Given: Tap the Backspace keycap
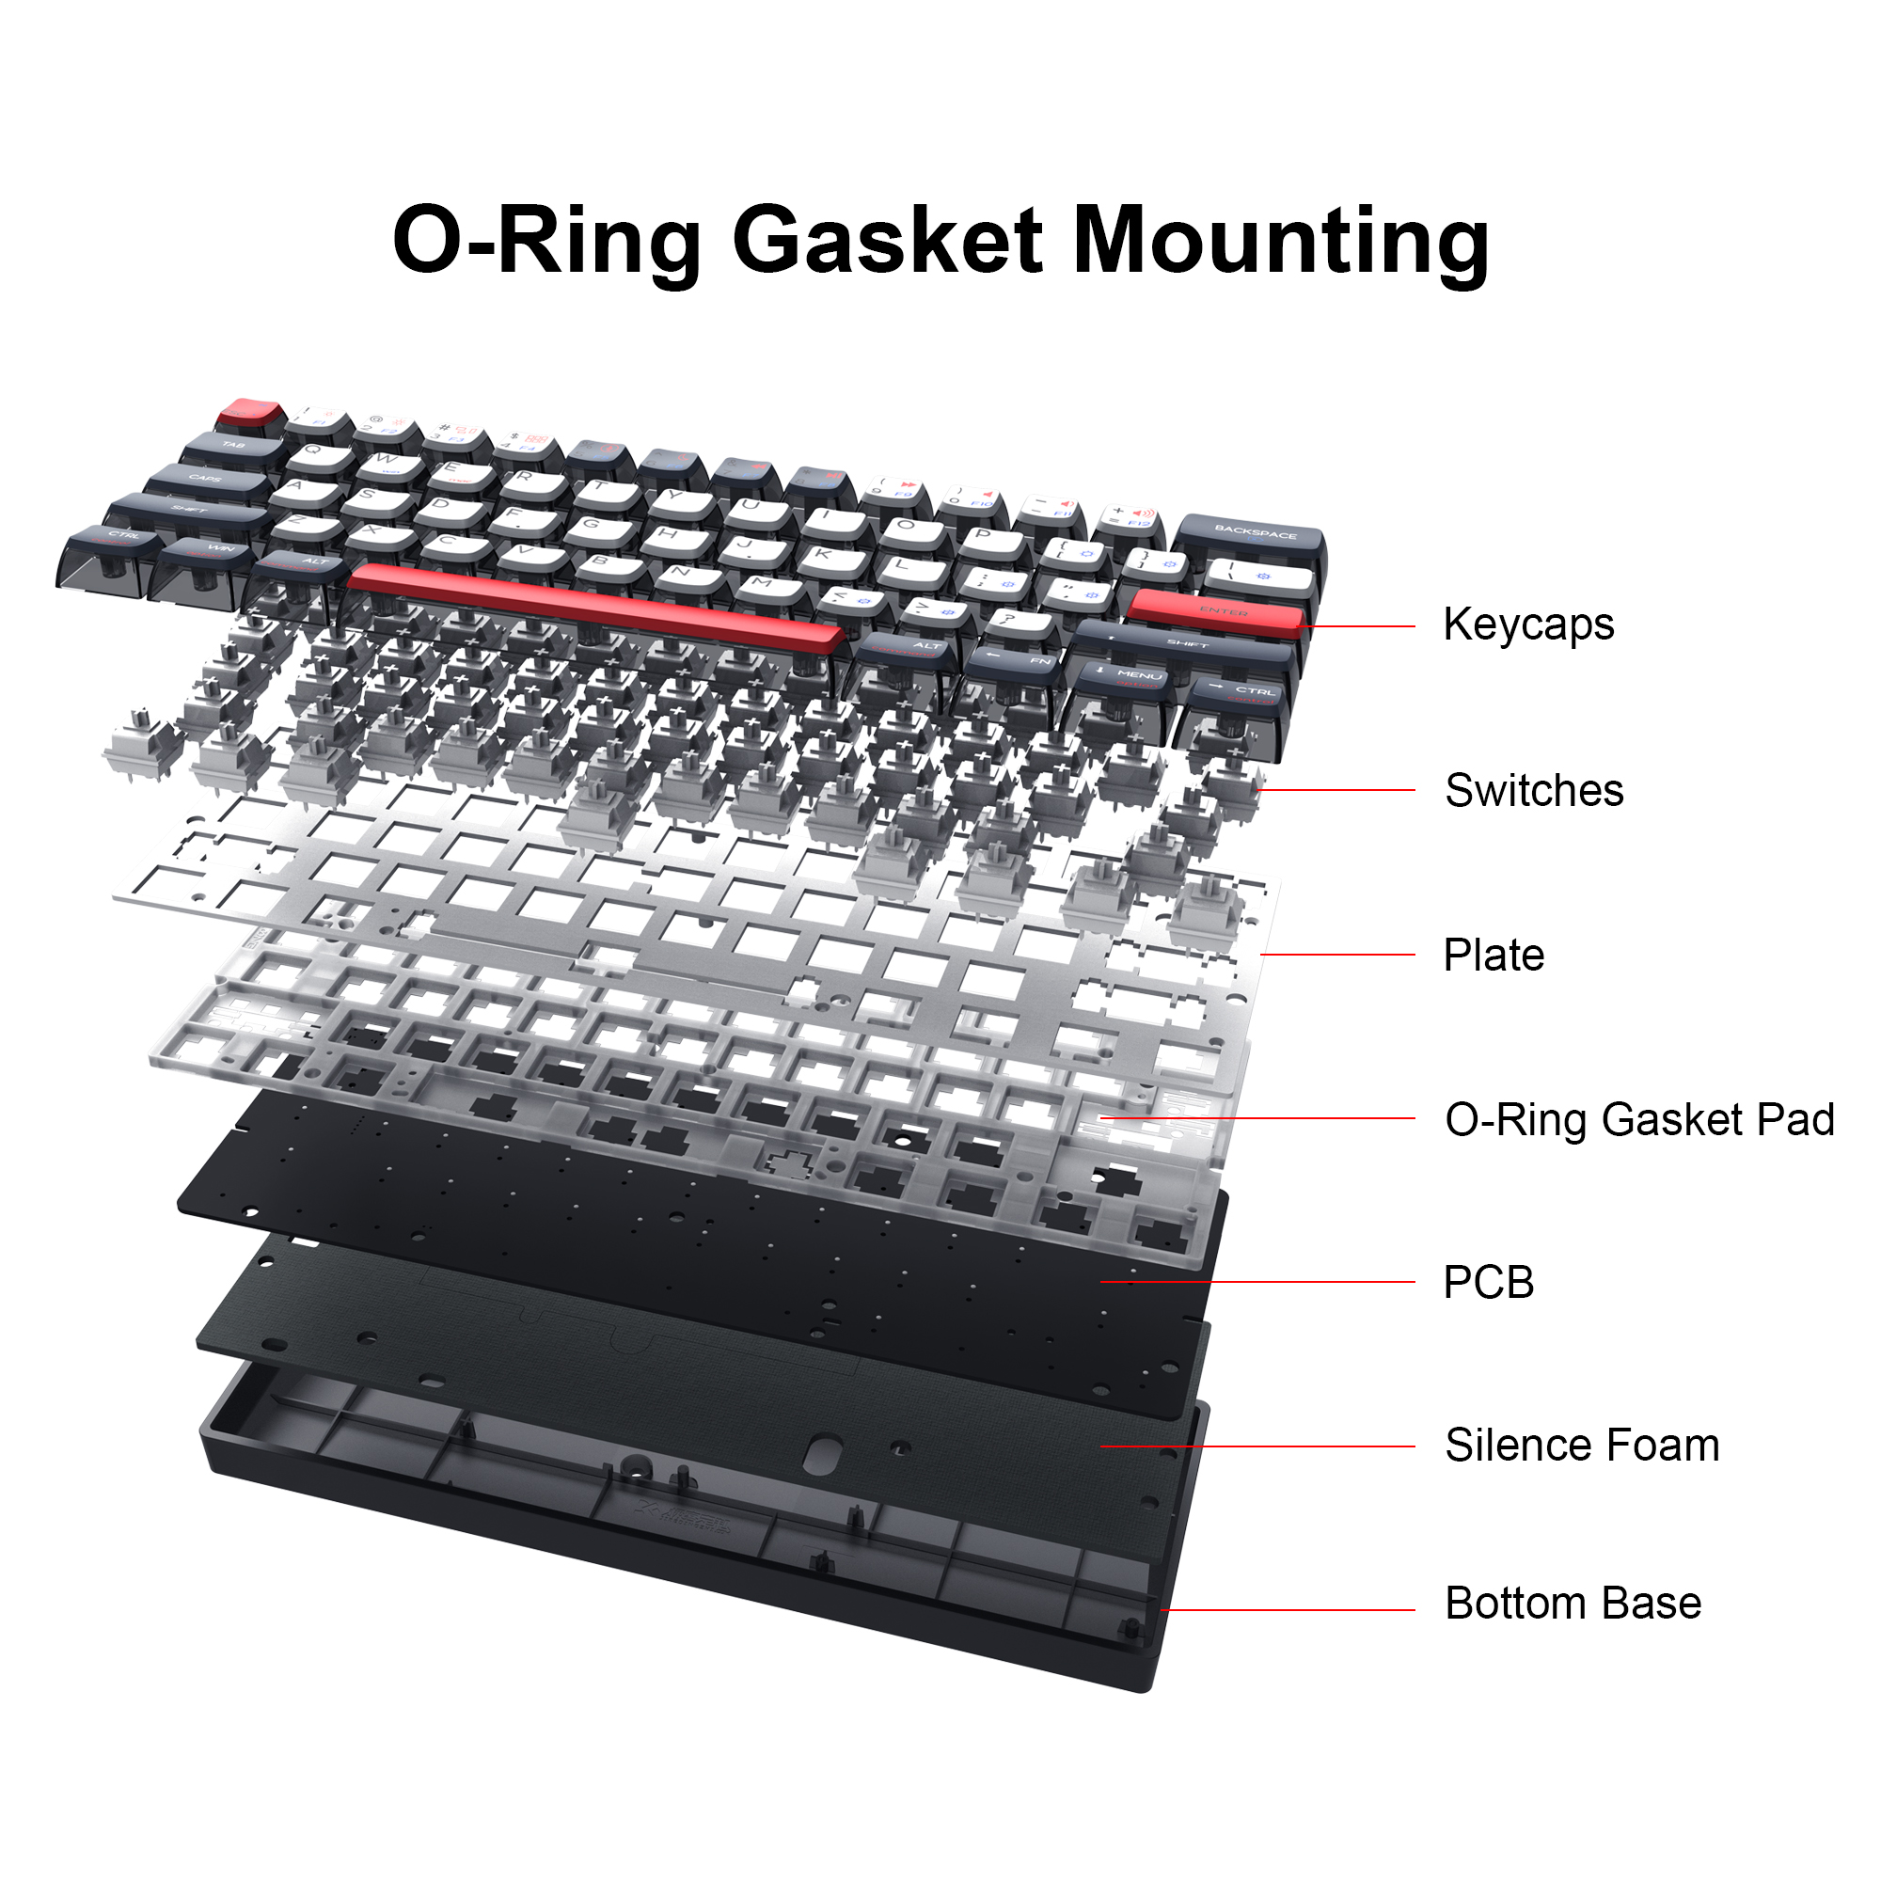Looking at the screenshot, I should [1254, 535].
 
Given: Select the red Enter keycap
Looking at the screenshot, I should [1217, 611].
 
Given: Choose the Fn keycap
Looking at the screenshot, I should [1018, 662].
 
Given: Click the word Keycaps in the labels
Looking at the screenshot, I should [1527, 625].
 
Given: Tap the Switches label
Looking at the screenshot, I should [1533, 791].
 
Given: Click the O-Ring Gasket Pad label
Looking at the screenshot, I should [1638, 1118].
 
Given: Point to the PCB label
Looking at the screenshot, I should [1488, 1282].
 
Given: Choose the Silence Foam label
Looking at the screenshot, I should [1581, 1446].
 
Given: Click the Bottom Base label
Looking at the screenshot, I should [1573, 1604].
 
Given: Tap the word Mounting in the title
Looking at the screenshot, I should [1280, 241].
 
